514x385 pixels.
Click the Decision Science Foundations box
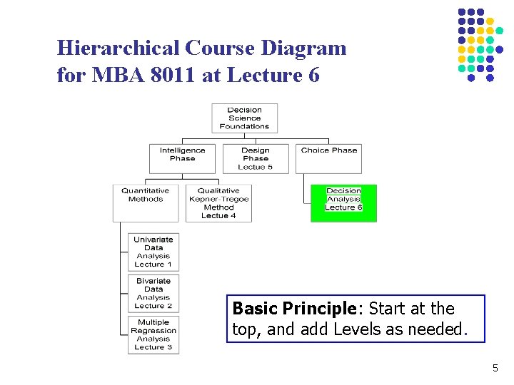click(x=244, y=118)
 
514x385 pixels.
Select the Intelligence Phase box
click(x=182, y=158)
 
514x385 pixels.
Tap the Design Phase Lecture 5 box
click(x=256, y=158)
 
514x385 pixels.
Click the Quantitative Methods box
click(x=146, y=202)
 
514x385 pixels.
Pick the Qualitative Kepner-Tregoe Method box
click(x=218, y=202)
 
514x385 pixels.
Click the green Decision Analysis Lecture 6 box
click(x=343, y=202)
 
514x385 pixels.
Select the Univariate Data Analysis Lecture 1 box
click(x=153, y=252)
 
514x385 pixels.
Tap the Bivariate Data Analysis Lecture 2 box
click(x=153, y=293)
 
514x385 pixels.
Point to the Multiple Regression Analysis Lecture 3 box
click(x=153, y=334)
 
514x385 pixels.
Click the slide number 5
click(x=495, y=369)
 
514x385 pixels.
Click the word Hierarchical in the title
click(x=118, y=48)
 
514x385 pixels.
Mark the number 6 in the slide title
click(x=313, y=74)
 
